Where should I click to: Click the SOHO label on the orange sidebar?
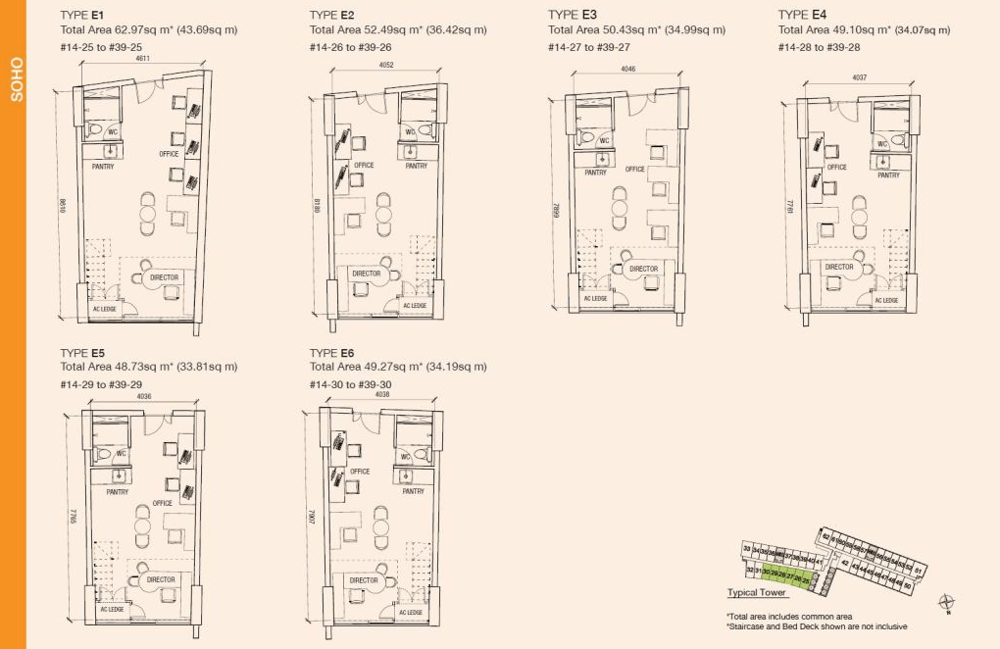click(15, 80)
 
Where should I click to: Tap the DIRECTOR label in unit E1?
click(165, 277)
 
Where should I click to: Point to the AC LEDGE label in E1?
click(105, 310)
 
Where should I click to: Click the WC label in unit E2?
click(410, 132)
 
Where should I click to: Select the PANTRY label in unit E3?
click(595, 173)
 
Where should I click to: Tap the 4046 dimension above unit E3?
click(627, 70)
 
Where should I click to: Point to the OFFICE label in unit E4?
click(836, 167)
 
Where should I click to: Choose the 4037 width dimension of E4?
click(860, 76)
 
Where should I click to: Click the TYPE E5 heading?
click(82, 352)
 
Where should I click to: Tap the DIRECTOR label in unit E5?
click(161, 579)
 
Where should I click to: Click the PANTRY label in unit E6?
click(414, 491)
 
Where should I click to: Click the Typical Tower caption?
click(756, 593)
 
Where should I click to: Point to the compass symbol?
click(947, 602)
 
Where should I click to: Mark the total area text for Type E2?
click(397, 29)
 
